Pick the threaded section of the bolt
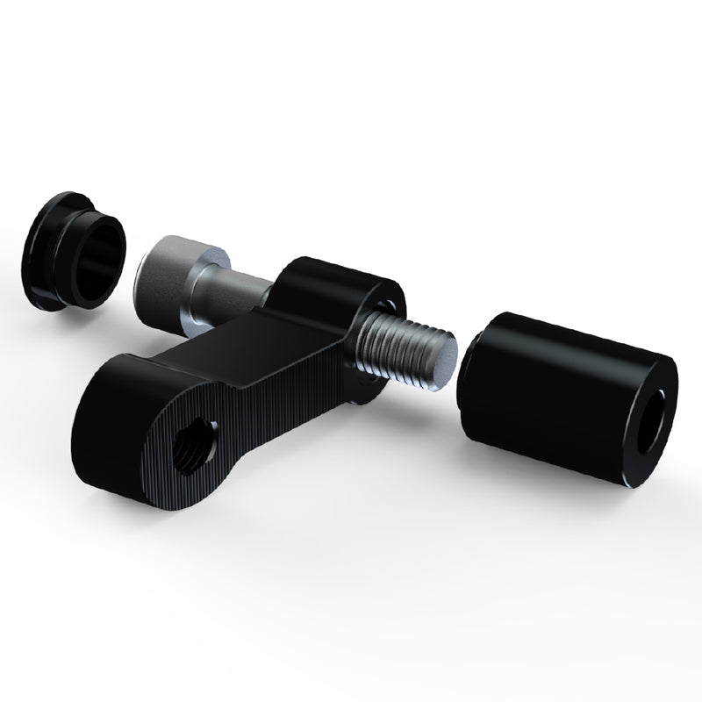404,351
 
